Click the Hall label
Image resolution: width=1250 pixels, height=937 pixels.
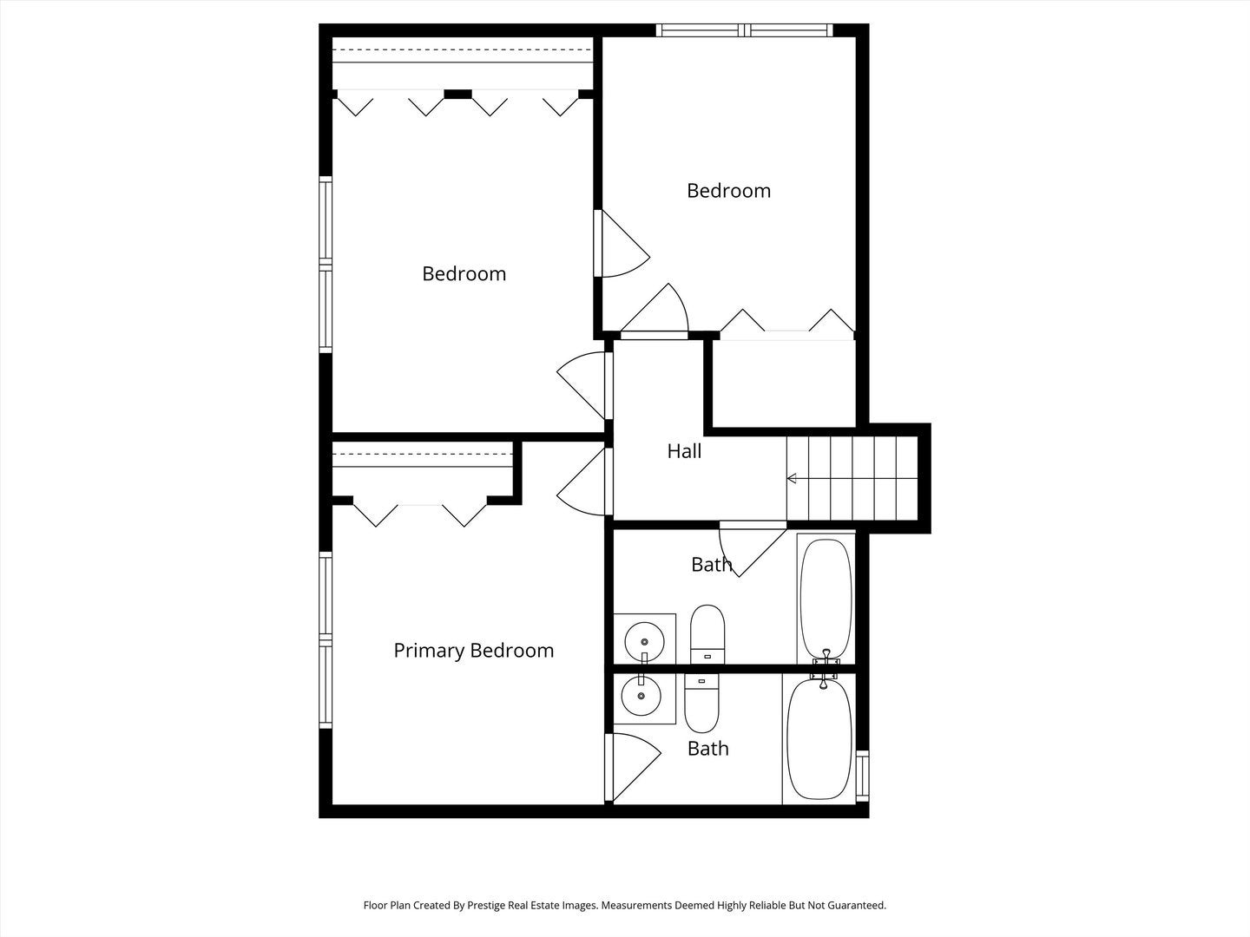pos(684,451)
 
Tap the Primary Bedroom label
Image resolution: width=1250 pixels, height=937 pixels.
pos(473,651)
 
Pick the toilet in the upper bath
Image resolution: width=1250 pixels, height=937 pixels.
pos(707,634)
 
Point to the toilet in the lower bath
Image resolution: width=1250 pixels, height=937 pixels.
pos(702,704)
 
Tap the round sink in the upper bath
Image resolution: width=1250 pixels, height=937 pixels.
pos(644,640)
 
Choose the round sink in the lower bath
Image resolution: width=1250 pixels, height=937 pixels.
pos(641,696)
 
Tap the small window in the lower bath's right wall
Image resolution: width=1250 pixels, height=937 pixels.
pos(862,774)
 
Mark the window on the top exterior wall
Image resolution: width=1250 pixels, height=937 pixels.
pos(745,30)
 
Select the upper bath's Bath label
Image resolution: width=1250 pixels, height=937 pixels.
pos(711,565)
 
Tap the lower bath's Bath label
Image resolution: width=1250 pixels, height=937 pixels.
pos(707,749)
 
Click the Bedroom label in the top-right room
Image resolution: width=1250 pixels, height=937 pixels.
pos(728,191)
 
